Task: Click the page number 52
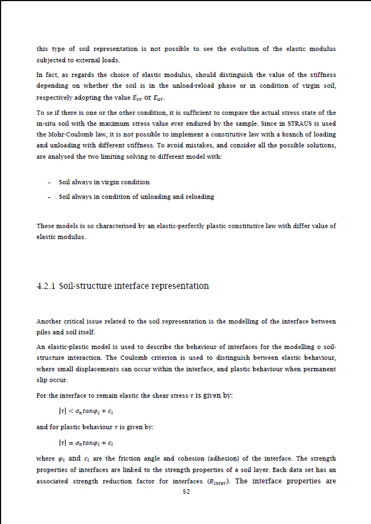186,491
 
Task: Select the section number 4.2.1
46,286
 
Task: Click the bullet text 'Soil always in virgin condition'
104,182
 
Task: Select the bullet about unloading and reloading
136,196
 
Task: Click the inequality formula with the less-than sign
87,411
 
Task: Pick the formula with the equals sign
87,442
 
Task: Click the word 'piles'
44,332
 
